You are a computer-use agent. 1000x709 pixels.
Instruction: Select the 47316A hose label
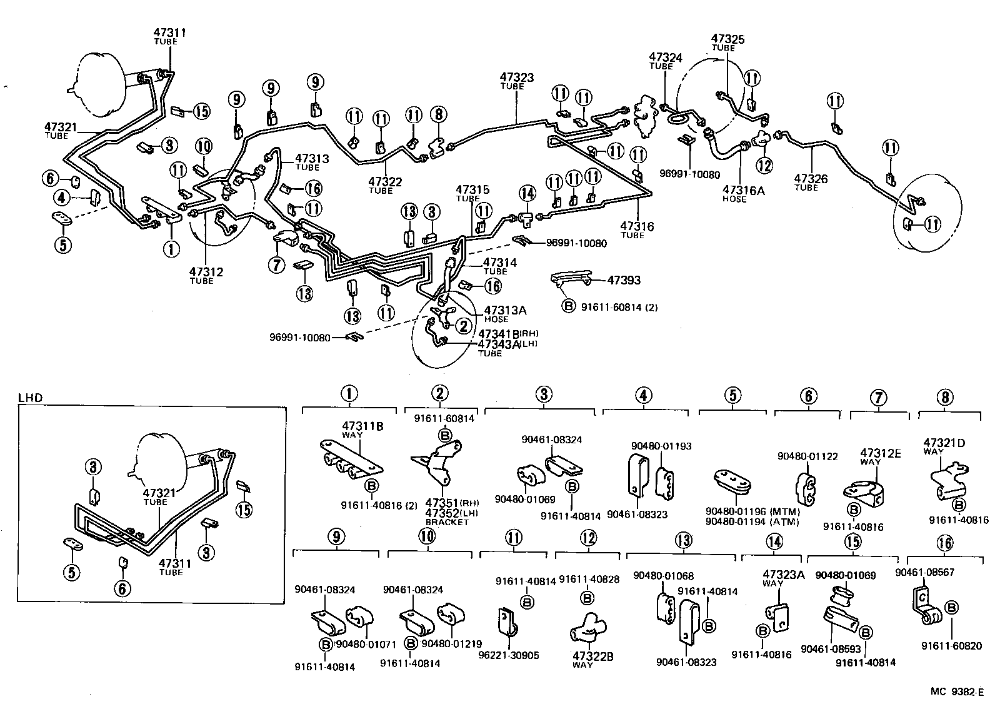coord(743,190)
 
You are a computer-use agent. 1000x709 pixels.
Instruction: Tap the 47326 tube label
coord(811,179)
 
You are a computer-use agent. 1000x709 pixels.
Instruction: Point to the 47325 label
coord(727,39)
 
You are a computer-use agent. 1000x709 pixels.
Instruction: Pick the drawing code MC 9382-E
coord(957,691)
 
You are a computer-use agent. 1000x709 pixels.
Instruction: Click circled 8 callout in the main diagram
coord(438,114)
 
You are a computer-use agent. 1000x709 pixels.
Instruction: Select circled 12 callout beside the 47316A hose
coord(764,165)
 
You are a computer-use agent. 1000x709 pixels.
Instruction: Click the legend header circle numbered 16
coord(945,543)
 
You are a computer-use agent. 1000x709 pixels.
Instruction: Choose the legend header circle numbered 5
coord(732,395)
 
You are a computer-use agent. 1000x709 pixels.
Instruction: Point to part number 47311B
coord(362,426)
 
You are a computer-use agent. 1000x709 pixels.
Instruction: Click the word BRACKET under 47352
coord(447,522)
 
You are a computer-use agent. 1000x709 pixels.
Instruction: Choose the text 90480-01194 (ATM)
coord(752,522)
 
